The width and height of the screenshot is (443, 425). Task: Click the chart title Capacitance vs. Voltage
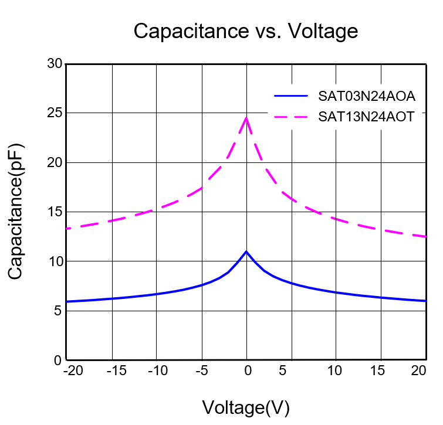245,30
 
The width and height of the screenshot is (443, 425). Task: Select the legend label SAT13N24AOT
367,116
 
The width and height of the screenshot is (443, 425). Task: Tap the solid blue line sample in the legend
291,95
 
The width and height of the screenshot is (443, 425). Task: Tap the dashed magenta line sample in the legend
291,116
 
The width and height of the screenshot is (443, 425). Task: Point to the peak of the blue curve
246,251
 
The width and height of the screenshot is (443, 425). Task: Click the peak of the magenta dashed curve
246,118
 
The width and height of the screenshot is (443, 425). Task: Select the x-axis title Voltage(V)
246,407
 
